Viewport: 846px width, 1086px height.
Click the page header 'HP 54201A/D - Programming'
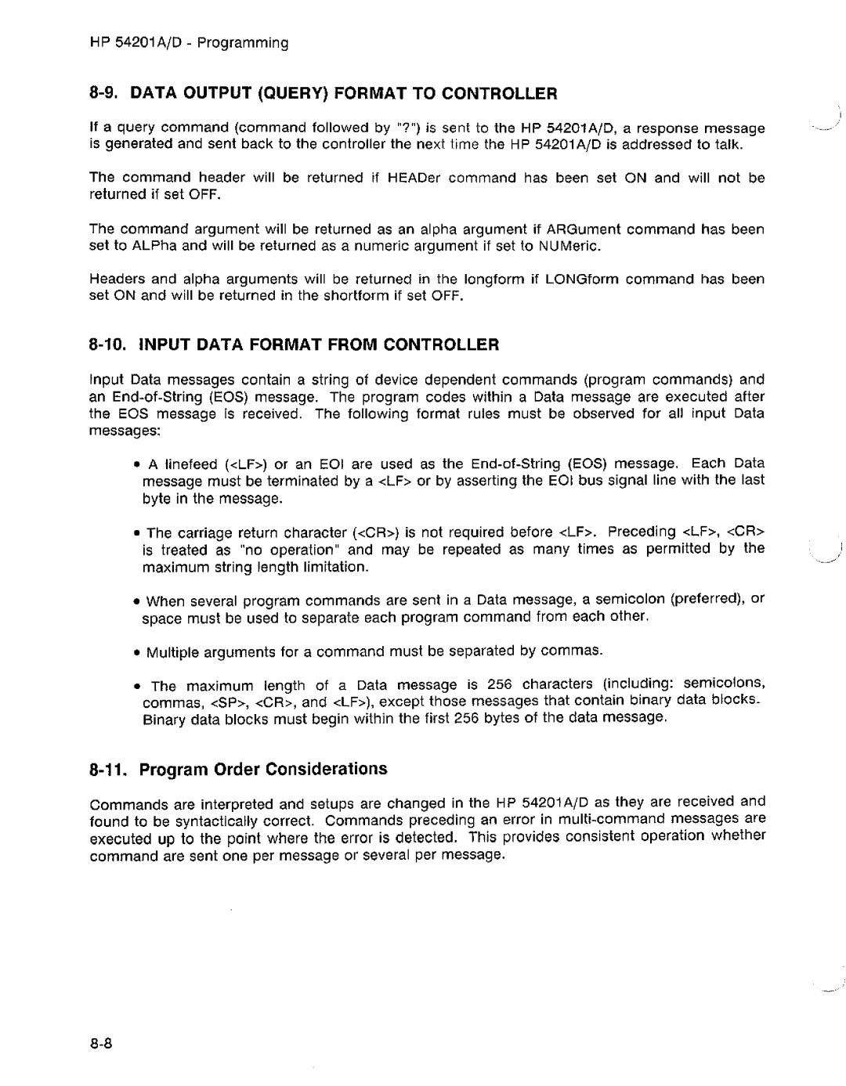tap(190, 43)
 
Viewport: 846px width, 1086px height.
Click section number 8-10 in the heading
tap(110, 345)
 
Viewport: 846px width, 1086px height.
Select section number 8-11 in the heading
tap(110, 769)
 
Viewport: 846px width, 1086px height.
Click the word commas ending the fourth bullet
tap(576, 651)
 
